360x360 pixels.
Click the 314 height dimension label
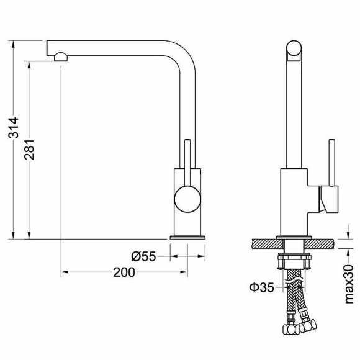(13, 128)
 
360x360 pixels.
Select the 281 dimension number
(29, 150)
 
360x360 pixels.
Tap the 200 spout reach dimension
(124, 272)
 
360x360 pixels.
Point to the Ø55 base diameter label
(143, 256)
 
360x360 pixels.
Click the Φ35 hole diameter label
(262, 287)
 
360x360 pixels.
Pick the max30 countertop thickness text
(349, 284)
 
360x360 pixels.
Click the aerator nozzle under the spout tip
(61, 56)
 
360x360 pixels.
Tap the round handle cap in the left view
(187, 199)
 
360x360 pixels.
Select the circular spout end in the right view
(294, 48)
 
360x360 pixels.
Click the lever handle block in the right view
(329, 199)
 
